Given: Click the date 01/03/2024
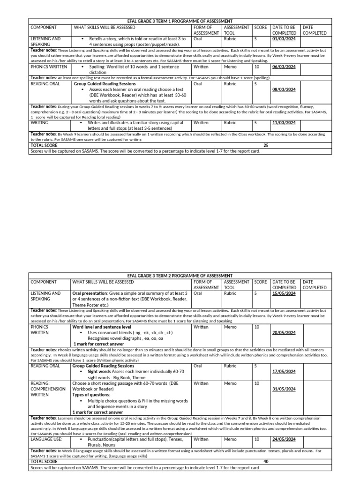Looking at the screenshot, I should point(284,39).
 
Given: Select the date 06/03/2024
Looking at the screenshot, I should point(284,67).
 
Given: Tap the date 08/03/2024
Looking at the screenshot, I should point(284,89).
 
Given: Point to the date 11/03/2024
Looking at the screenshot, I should point(284,123).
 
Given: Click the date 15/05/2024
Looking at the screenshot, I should point(284,293).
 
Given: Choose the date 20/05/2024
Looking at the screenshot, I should point(284,332).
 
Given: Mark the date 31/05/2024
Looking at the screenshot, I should point(284,389).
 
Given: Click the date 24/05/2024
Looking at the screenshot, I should point(284,439).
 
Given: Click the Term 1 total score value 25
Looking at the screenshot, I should point(266,146).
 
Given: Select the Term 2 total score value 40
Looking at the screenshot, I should point(266,462).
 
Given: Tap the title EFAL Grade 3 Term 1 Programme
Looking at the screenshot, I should point(180,21).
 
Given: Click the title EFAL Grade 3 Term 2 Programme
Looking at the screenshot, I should point(180,276).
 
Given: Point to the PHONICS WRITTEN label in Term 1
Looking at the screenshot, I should point(49,67).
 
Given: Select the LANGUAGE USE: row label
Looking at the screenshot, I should point(46,439).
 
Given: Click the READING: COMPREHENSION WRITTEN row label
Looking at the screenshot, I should point(46,389).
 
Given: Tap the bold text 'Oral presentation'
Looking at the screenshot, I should point(90,293).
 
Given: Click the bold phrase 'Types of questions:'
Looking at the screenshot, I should point(91,395).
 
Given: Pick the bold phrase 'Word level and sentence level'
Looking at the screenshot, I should point(102,327).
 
